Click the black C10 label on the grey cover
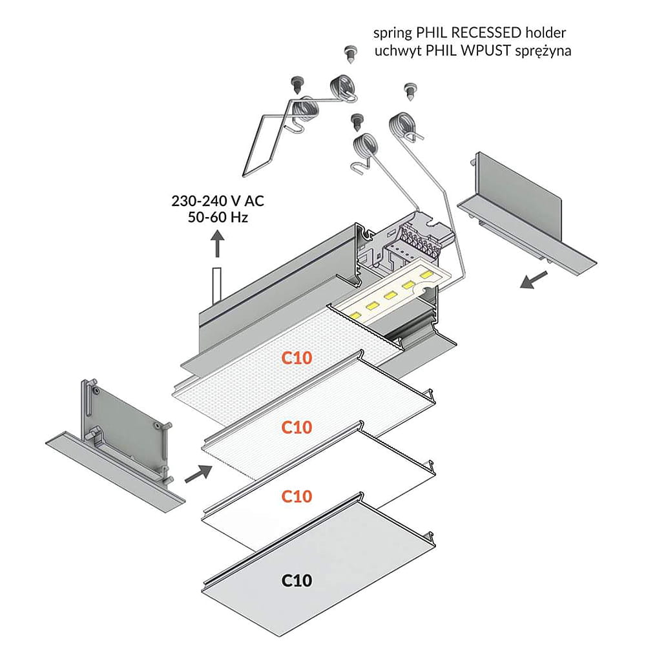coord(297,581)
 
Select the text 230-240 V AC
coord(218,202)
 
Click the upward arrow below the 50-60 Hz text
coord(218,245)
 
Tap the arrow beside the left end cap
coord(198,474)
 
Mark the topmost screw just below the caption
coord(351,53)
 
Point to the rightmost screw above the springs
coord(409,90)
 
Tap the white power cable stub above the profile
coord(218,284)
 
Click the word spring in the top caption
coord(391,32)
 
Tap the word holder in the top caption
coord(554,32)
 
